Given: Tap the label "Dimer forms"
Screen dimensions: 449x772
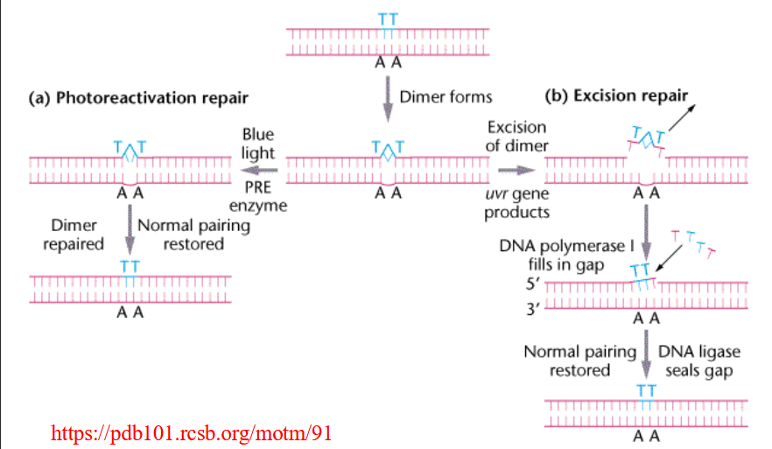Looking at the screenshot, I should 446,96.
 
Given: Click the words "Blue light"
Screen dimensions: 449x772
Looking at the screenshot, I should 258,144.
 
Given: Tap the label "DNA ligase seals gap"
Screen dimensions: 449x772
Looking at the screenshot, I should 698,360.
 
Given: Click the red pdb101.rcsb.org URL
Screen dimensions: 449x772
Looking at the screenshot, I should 192,433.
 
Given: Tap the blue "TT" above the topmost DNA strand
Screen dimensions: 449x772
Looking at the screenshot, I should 386,17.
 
